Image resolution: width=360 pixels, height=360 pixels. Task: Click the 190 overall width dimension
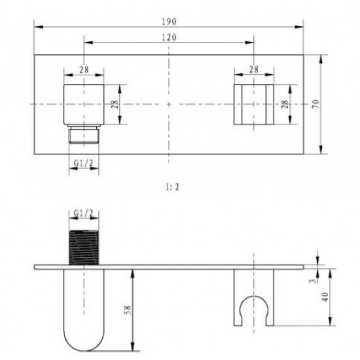pos(170,22)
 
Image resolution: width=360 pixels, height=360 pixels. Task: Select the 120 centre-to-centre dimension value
pos(170,37)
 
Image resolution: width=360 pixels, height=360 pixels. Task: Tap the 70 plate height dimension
pos(316,104)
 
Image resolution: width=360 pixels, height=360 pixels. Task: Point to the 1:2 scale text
pos(172,187)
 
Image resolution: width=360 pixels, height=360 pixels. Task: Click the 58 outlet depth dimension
pos(127,310)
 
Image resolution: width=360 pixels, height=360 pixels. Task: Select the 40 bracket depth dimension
pos(325,297)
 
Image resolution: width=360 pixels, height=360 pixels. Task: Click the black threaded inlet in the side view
pos(84,247)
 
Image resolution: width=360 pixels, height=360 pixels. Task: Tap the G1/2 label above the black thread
pos(84,213)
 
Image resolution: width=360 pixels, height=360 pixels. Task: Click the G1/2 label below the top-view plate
pos(84,163)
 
